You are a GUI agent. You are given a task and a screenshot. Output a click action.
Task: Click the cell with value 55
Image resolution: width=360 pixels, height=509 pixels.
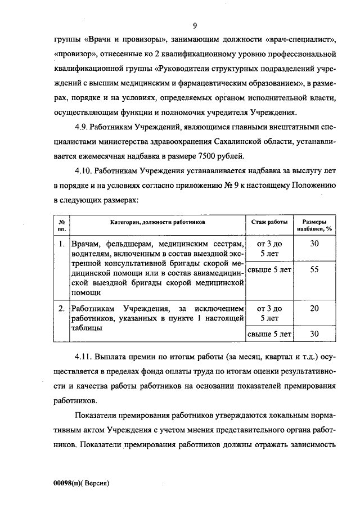[314, 269]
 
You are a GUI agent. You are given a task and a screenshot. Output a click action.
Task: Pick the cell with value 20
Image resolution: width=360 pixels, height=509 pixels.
[314, 308]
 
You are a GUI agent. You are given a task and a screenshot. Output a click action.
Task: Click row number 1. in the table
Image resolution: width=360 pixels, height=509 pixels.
[61, 244]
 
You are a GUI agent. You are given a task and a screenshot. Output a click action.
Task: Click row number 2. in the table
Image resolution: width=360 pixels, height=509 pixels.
[61, 308]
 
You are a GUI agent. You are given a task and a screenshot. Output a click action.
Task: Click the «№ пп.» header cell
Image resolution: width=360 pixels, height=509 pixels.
[61, 226]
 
